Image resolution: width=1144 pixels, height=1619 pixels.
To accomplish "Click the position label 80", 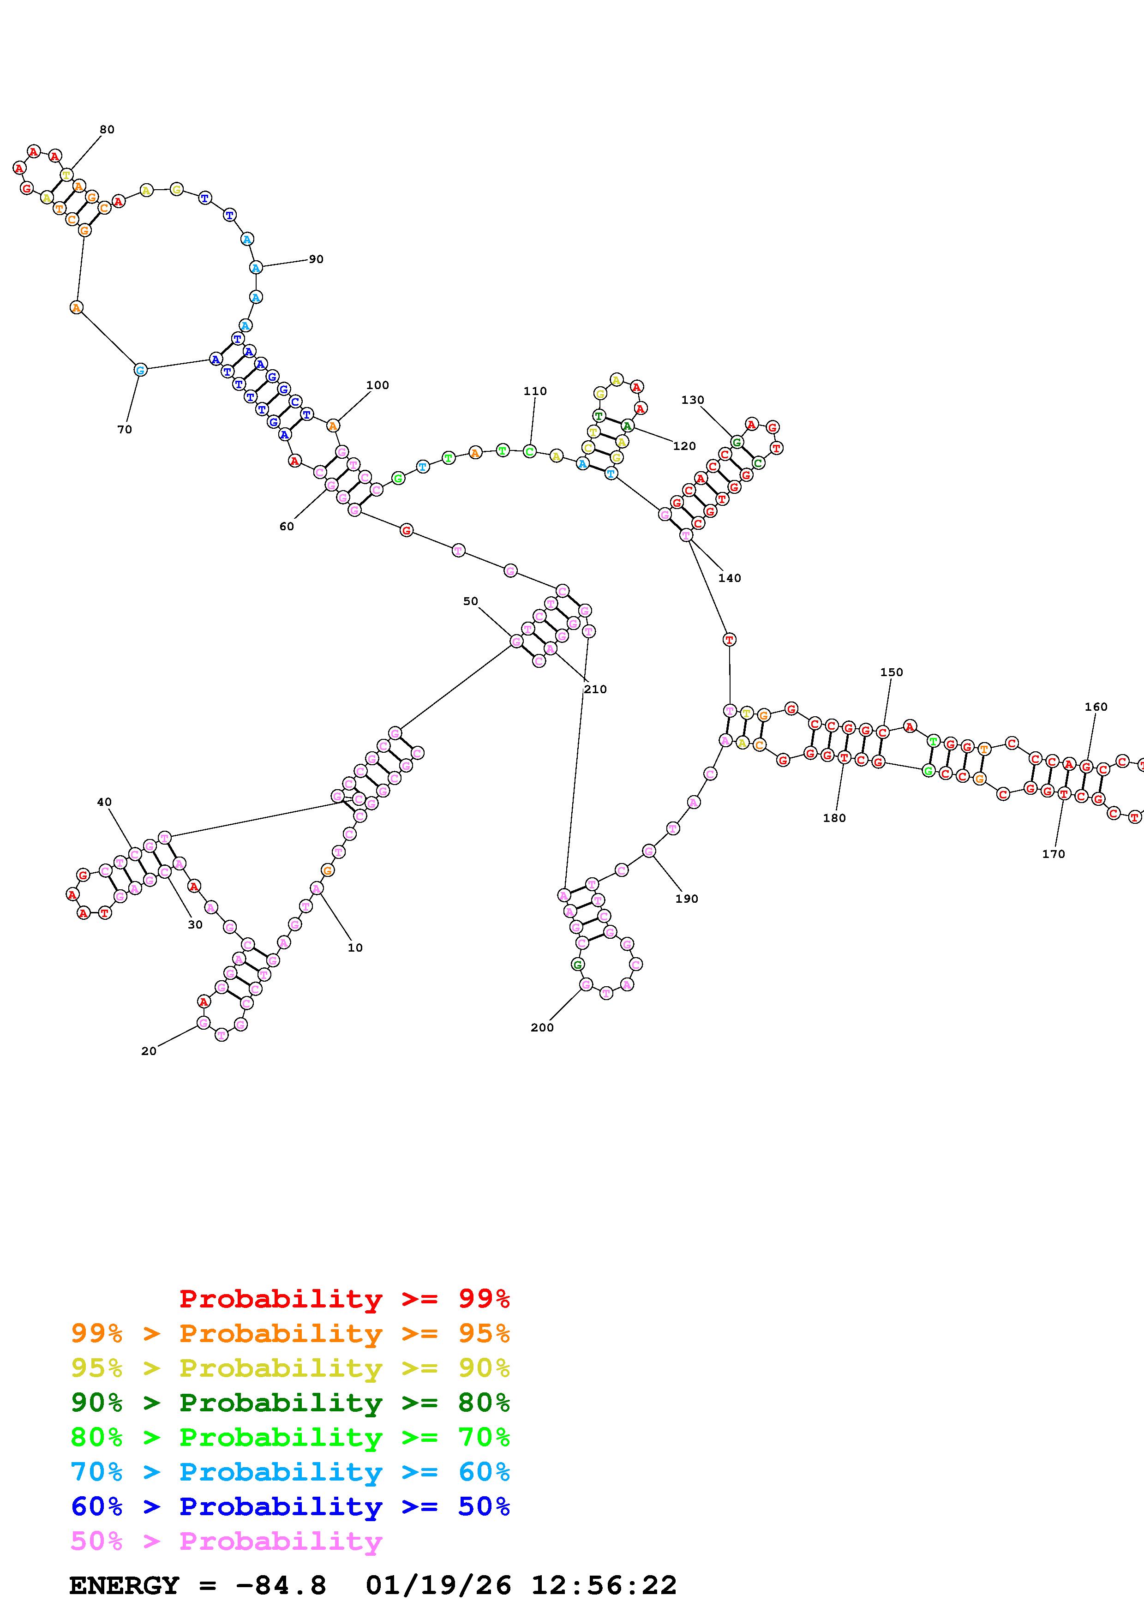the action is pyautogui.click(x=107, y=130).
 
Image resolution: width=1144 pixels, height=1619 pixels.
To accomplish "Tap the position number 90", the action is pyautogui.click(x=316, y=259).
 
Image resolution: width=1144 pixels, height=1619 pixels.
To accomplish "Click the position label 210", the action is pyautogui.click(x=595, y=690).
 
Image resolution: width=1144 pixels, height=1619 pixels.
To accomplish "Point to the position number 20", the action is pyautogui.click(x=149, y=1051).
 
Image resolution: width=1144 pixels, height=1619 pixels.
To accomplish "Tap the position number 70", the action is pyautogui.click(x=125, y=429).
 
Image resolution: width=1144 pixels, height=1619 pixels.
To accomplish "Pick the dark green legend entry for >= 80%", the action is pyautogui.click(x=290, y=1403).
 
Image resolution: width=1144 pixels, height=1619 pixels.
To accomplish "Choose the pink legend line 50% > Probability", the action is pyautogui.click(x=226, y=1541).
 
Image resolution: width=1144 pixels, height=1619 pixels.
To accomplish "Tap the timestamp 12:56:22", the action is pyautogui.click(x=603, y=1586).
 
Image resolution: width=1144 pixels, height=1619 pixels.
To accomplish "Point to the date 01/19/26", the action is pyautogui.click(x=438, y=1586).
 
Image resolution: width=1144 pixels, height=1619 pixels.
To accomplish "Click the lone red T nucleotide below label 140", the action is pyautogui.click(x=729, y=640).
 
